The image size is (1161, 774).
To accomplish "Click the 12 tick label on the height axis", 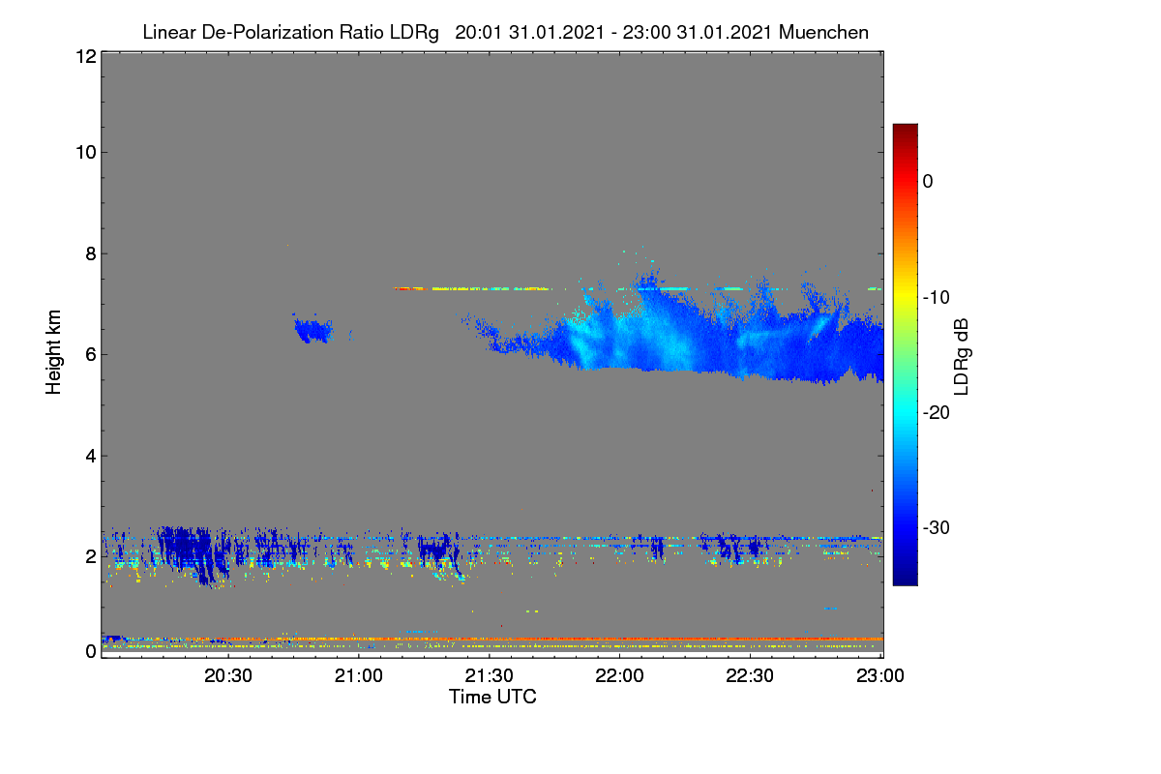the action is point(86,56).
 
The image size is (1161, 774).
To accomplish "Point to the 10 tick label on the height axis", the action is point(86,153).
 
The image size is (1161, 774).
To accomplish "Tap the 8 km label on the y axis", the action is point(91,254).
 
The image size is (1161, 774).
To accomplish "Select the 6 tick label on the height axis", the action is point(91,355).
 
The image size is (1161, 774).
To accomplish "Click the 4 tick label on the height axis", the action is point(91,457).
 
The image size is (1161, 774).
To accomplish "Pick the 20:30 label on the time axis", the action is point(228,676).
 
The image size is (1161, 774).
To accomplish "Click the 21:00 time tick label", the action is point(359,676).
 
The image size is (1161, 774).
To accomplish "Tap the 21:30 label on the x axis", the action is point(489,676).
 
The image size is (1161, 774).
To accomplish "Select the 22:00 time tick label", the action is point(619,676).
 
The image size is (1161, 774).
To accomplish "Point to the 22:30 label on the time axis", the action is point(750,676).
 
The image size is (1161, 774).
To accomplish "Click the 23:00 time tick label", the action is point(880,676).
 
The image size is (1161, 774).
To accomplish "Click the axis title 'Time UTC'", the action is point(492,697).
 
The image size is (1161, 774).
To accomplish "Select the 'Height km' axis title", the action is point(53,352).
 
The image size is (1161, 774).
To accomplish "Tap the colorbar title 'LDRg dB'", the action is point(962,357).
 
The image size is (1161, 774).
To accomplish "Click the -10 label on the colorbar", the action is point(937,298).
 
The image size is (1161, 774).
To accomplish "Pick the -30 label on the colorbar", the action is point(937,527).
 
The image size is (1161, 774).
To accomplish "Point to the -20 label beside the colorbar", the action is point(937,413).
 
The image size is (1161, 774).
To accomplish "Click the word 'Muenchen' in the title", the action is point(823,33).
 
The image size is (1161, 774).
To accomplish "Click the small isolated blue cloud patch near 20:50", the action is point(313,330).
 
